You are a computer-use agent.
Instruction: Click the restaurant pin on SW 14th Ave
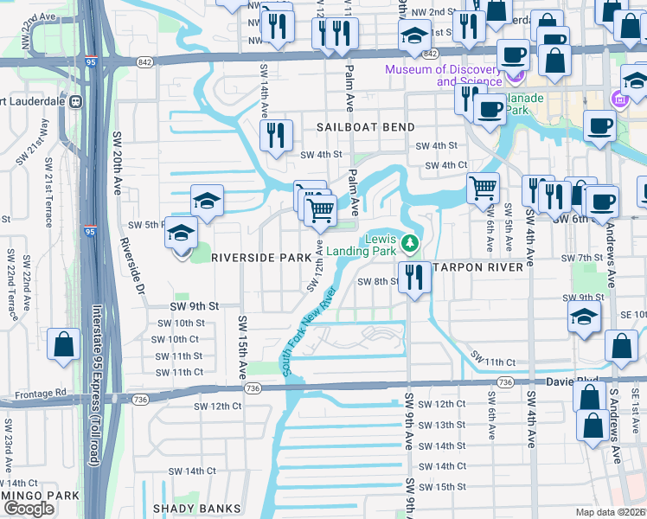[x=276, y=134]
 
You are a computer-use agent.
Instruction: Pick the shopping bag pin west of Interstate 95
[x=64, y=345]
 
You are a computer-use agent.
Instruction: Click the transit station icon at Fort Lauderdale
[x=75, y=101]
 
